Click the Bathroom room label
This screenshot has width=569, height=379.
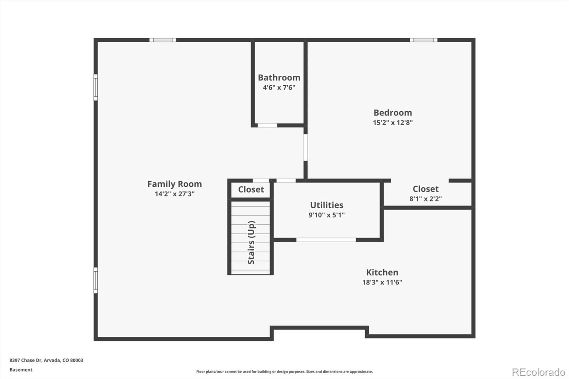[279, 78]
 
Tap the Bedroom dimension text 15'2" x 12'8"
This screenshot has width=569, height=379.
[393, 123]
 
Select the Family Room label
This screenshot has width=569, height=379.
[174, 184]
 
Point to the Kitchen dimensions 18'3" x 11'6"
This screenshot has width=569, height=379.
[382, 282]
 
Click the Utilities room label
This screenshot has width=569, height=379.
[326, 205]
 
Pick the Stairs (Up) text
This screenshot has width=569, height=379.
[251, 242]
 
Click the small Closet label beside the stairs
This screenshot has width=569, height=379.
[251, 189]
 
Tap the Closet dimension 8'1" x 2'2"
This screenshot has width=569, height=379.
[425, 199]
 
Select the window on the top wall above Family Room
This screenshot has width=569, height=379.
[163, 40]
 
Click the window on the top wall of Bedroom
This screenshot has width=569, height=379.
[423, 40]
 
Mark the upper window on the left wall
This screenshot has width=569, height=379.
[95, 87]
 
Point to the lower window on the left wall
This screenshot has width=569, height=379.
[95, 280]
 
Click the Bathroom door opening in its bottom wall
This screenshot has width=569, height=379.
[267, 125]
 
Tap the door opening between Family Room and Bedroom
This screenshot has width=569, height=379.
[305, 147]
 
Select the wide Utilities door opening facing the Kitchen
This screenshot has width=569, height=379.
[326, 240]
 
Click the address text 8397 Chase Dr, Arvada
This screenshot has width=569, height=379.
[46, 360]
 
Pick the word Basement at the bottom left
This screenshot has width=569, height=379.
[21, 370]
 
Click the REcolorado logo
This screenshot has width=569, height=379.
[538, 372]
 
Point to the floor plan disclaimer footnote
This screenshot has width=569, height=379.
[284, 372]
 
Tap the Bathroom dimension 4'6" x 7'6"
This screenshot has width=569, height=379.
[279, 87]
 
